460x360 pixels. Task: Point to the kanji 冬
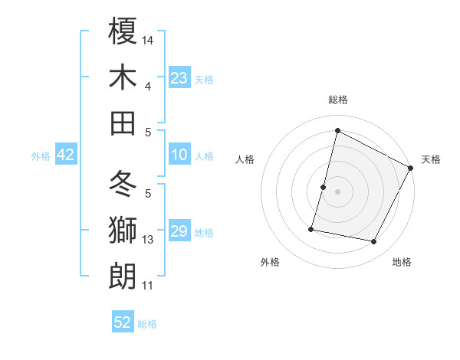(x=123, y=185)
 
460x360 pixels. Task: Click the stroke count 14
(x=148, y=39)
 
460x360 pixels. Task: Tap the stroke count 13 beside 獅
(x=148, y=240)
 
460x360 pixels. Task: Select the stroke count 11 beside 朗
(x=148, y=286)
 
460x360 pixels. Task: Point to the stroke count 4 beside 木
(x=148, y=87)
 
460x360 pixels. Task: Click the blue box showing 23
(x=179, y=77)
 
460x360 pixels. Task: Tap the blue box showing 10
(x=179, y=155)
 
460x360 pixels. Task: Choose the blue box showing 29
(x=179, y=232)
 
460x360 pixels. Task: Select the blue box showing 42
(x=66, y=155)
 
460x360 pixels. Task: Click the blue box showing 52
(x=123, y=322)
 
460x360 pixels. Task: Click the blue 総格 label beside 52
(x=148, y=324)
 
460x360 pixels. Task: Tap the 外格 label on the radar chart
(x=270, y=263)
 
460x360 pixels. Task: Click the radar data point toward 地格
(x=374, y=242)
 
